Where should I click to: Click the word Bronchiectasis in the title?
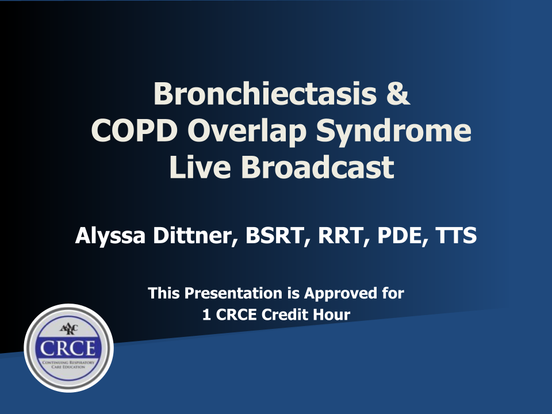click(x=265, y=94)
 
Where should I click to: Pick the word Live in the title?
click(x=200, y=167)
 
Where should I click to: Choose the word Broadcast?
click(x=317, y=167)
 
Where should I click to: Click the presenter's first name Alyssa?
click(x=110, y=236)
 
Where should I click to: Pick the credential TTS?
click(x=456, y=236)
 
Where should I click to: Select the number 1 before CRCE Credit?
click(x=206, y=315)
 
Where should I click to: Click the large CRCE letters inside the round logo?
click(x=68, y=348)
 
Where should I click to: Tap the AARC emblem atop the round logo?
click(x=68, y=329)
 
